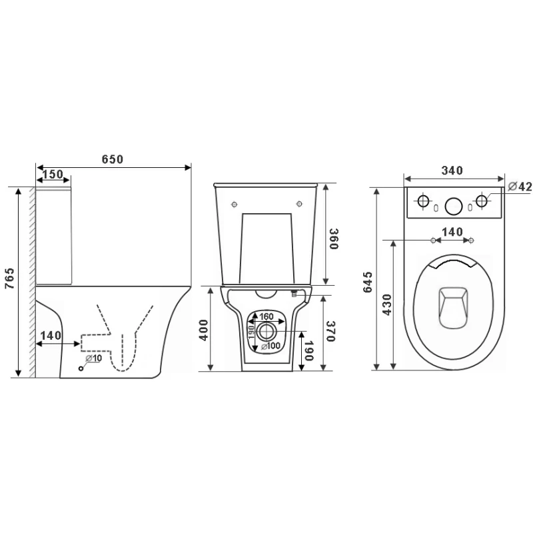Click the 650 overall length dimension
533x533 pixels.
tap(113, 159)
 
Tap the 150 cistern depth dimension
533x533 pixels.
tap(53, 174)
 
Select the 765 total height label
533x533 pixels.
tap(9, 278)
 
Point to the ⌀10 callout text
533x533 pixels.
tap(93, 358)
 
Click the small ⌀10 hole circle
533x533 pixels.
tap(81, 368)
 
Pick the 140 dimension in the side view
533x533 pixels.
tap(51, 336)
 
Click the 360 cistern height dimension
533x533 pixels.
tap(334, 239)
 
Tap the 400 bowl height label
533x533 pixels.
tap(204, 330)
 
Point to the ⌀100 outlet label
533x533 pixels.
tap(271, 346)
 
